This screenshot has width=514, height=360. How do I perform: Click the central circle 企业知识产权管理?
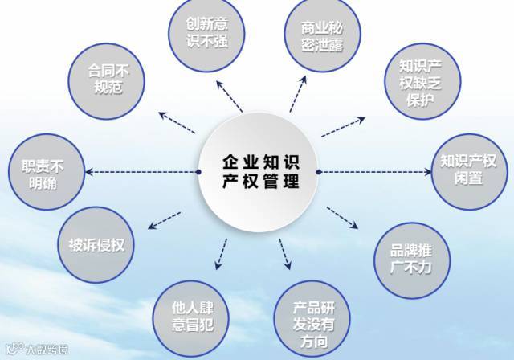259,170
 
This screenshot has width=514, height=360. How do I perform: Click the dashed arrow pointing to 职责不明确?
141,171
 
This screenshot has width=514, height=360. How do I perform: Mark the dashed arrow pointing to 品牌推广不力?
341,217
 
